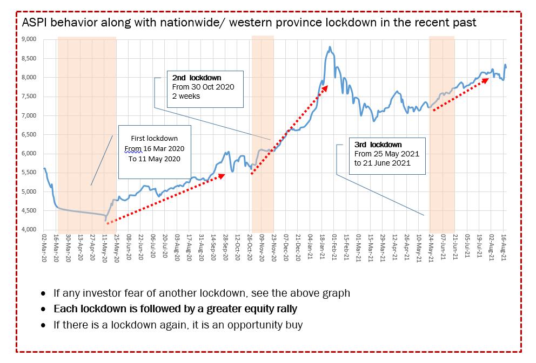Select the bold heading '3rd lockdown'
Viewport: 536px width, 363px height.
coord(378,145)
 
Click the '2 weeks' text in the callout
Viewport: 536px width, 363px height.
coord(186,96)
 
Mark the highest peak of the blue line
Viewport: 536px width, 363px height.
coord(330,48)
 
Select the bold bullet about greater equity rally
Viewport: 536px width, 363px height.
coord(175,310)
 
